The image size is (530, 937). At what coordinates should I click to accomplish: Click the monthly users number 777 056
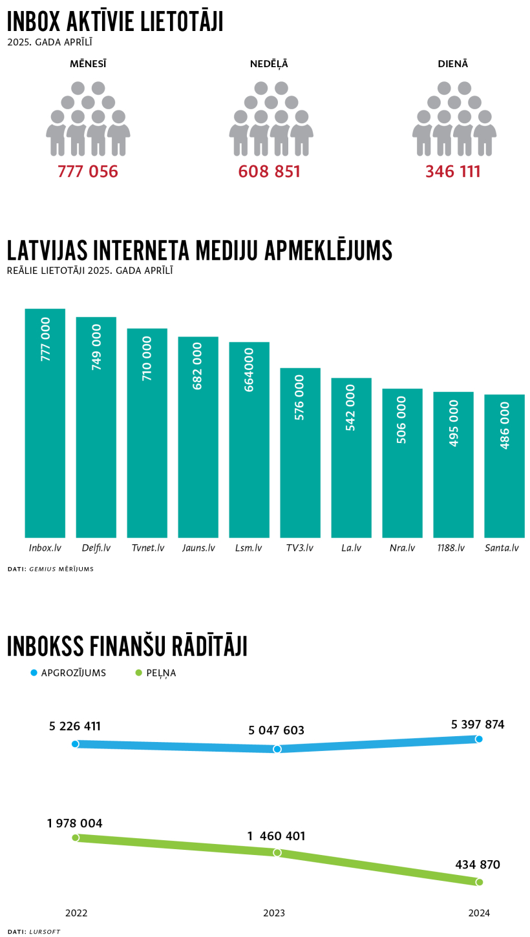click(x=88, y=172)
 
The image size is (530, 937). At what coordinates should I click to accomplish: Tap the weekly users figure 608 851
click(x=270, y=172)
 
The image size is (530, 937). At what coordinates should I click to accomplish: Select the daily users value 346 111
click(x=453, y=172)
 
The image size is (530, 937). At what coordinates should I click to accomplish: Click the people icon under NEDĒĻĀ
click(x=271, y=119)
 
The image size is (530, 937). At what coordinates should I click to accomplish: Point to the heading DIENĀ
click(x=453, y=64)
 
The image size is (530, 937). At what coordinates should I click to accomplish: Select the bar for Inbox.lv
click(x=45, y=423)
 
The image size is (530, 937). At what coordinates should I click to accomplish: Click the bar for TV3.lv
click(x=300, y=452)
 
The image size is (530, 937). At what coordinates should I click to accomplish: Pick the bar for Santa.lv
click(x=504, y=466)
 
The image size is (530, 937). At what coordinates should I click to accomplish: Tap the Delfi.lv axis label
click(x=96, y=548)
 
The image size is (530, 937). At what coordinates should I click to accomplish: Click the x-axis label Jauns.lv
click(x=198, y=548)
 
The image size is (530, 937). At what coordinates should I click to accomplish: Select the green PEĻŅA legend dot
click(x=138, y=673)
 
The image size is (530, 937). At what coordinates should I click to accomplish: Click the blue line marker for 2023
click(x=277, y=749)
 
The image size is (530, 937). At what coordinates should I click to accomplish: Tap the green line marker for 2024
click(x=479, y=882)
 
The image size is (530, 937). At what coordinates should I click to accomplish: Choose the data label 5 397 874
click(x=478, y=725)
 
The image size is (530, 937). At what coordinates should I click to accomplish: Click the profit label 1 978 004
click(x=74, y=823)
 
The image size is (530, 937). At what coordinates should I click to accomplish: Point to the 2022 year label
click(x=76, y=913)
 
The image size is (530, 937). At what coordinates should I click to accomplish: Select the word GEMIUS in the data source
click(x=43, y=569)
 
